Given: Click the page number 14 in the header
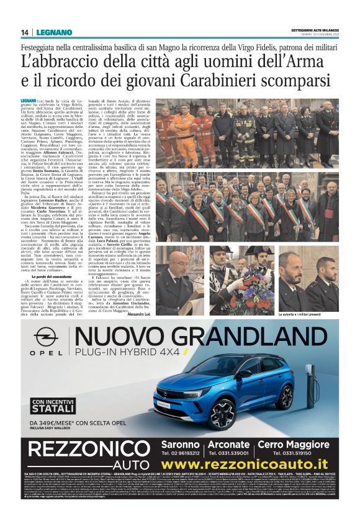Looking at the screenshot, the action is [25, 32].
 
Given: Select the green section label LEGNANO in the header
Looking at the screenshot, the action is [50, 32].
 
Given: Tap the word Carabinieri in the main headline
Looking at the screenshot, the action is [252, 80].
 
